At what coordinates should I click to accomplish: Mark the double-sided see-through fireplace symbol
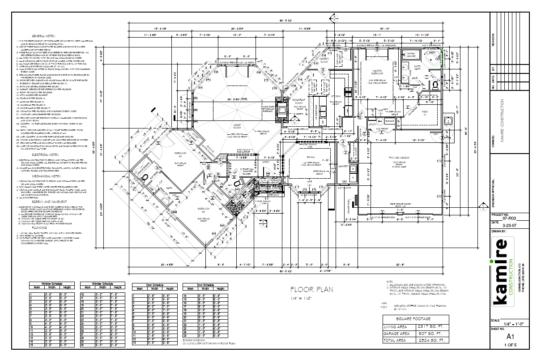coord(281,110)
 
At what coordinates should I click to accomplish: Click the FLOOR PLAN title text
coord(311,289)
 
